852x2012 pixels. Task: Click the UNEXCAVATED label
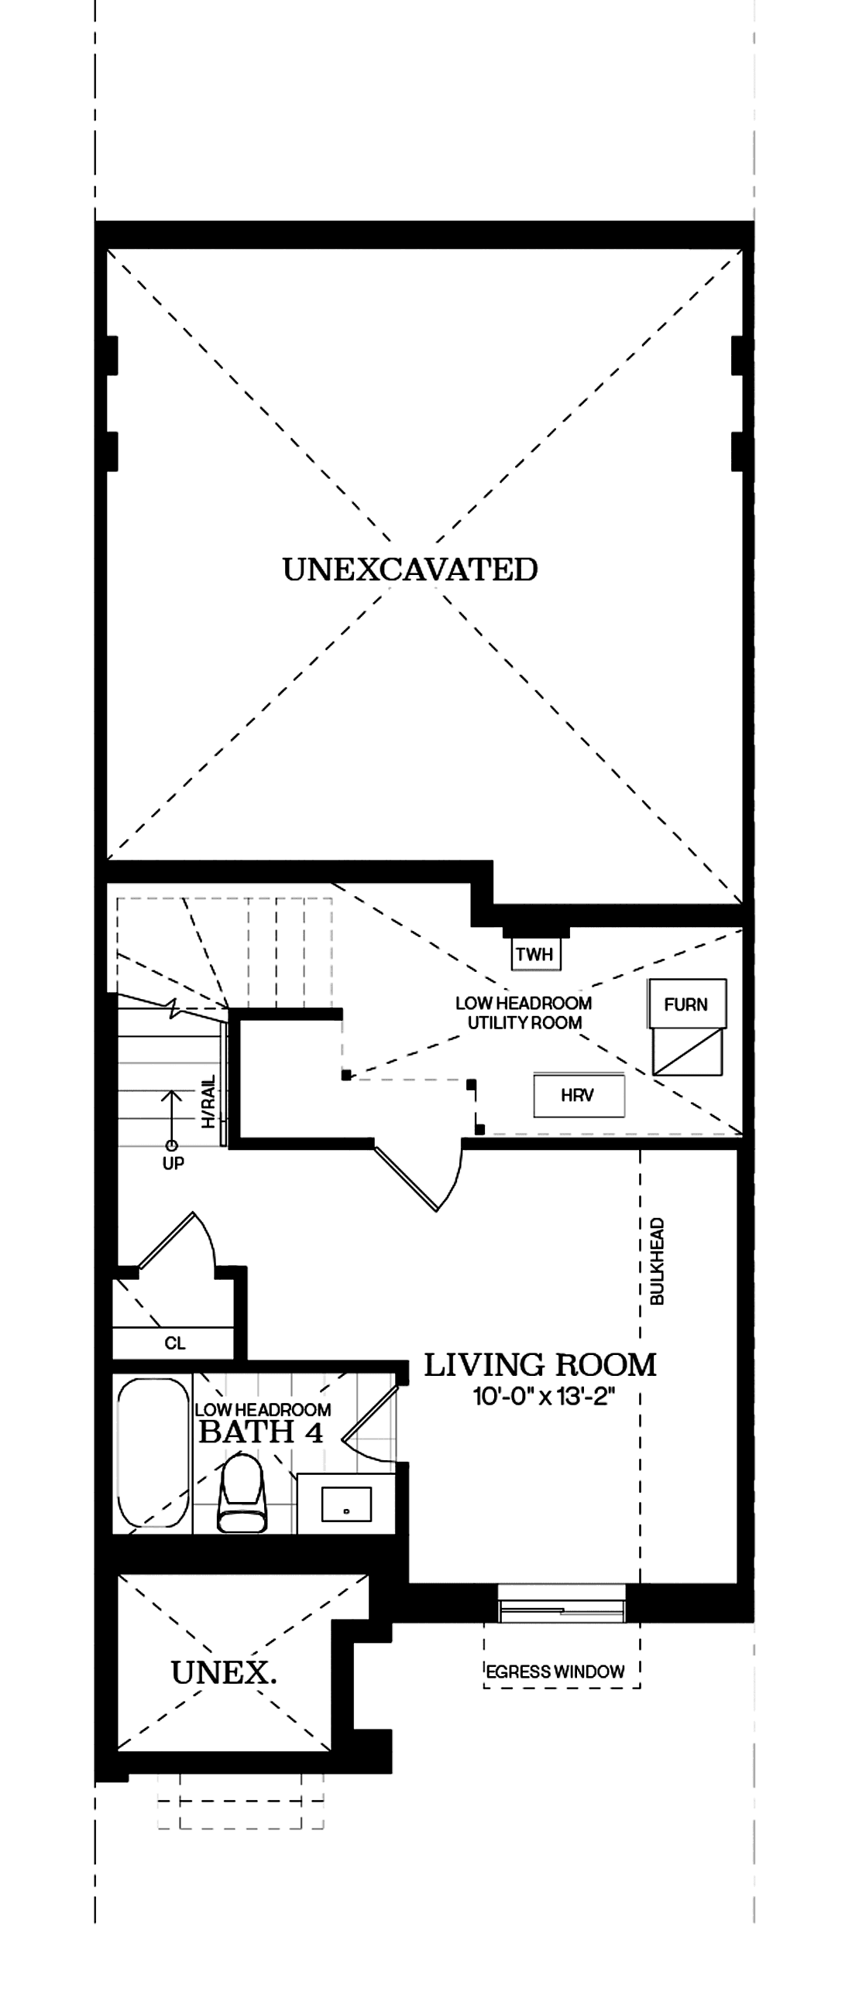tap(411, 570)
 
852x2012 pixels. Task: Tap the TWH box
tap(534, 953)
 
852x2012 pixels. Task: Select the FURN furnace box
tap(686, 1004)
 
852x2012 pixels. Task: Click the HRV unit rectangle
tap(579, 1095)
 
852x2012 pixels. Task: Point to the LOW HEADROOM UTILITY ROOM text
tap(524, 1013)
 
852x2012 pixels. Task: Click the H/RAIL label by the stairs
tap(208, 1101)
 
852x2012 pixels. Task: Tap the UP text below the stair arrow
tap(173, 1164)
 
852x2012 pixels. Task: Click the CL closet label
tap(174, 1343)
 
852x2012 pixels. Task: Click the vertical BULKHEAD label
tap(658, 1261)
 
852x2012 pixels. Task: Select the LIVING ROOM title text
tap(539, 1365)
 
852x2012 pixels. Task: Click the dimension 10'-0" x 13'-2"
tap(544, 1397)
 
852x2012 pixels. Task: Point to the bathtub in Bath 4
tap(153, 1453)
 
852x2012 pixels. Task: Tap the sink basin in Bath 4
tap(346, 1504)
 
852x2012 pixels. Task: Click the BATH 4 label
tap(261, 1432)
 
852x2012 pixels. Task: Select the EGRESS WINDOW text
tap(555, 1672)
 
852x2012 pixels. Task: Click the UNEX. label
tap(223, 1674)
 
